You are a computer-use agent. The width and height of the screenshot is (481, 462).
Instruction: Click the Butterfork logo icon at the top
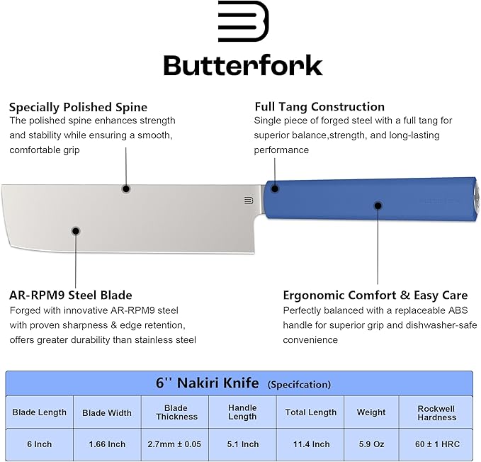tap(243, 21)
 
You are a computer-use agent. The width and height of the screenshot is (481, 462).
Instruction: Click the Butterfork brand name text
tap(243, 65)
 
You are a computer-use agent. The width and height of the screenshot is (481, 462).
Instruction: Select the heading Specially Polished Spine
tap(78, 107)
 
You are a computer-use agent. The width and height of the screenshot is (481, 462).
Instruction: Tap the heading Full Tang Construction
tap(319, 107)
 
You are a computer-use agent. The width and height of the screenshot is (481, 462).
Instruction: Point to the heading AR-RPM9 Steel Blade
tap(71, 295)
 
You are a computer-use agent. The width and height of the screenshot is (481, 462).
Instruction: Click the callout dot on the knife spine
tap(125, 188)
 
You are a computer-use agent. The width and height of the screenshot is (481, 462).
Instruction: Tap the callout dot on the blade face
tap(76, 230)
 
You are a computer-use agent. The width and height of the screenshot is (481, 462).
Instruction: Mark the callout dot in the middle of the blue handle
tap(376, 206)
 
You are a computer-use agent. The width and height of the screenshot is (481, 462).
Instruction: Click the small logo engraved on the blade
tap(248, 200)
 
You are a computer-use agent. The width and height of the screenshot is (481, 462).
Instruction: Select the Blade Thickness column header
tap(176, 412)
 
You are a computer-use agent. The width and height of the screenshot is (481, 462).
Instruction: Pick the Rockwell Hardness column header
tap(436, 412)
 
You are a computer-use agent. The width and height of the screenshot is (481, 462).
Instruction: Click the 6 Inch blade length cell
tap(40, 444)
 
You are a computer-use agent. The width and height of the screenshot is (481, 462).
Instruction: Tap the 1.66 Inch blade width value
tap(107, 444)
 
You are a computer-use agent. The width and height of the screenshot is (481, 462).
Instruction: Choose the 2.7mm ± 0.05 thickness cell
tap(176, 444)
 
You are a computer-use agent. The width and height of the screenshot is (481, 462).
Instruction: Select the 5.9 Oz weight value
tap(371, 444)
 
